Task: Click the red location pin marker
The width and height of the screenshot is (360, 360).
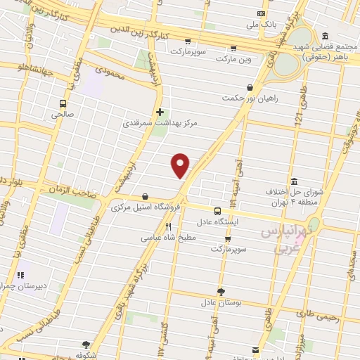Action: pyautogui.click(x=181, y=165)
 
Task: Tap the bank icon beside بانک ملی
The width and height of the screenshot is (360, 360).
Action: pyautogui.click(x=262, y=13)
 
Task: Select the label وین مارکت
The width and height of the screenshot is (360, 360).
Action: pyautogui.click(x=233, y=59)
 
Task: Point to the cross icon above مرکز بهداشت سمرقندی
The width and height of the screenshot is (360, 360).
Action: pyautogui.click(x=161, y=112)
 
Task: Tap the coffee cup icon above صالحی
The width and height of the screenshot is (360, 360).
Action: pyautogui.click(x=64, y=100)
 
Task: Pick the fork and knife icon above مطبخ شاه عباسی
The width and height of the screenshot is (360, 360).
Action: pyautogui.click(x=169, y=227)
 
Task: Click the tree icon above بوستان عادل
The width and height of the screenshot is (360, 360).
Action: pyautogui.click(x=221, y=291)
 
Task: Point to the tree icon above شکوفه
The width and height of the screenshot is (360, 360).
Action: pyautogui.click(x=86, y=345)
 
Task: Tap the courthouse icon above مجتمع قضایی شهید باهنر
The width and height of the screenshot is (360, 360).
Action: pyautogui.click(x=324, y=37)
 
